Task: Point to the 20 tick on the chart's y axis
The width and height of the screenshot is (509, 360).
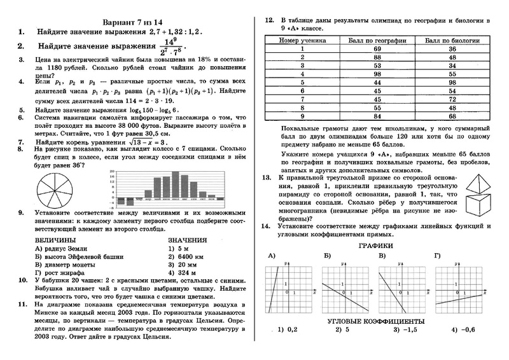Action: [112, 172]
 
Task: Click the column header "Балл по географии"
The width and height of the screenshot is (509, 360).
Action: [377, 40]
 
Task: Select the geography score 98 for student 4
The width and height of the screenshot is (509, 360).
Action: [377, 73]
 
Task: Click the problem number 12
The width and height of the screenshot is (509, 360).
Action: [268, 20]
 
